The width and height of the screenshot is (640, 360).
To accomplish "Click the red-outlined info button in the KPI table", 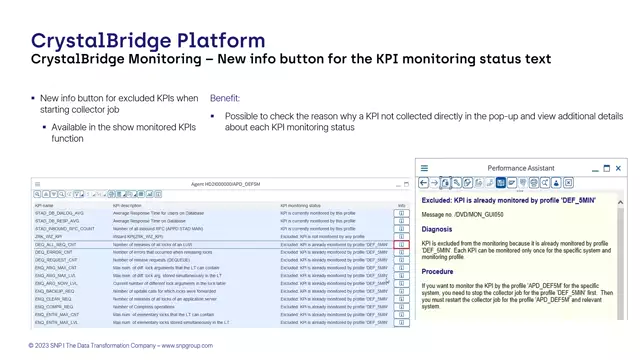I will [x=401, y=245].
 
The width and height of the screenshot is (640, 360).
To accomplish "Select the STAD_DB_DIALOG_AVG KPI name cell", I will [x=58, y=213].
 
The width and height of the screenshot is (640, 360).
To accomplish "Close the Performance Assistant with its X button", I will [x=619, y=169].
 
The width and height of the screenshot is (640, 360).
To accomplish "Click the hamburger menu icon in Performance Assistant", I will [x=424, y=169].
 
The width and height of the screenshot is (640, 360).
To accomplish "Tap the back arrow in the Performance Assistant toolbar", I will [x=424, y=183].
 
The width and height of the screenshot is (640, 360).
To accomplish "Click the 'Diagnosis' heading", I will [x=438, y=228].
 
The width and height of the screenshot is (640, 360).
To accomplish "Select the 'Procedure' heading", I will [x=438, y=271].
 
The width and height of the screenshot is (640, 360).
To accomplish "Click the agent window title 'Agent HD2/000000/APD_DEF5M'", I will [x=225, y=184].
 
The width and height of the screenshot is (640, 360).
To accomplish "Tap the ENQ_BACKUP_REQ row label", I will [x=55, y=293].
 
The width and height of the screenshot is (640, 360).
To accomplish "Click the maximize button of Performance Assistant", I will [x=606, y=169].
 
